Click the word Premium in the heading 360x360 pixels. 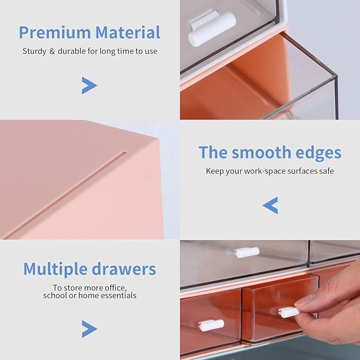pos(55,33)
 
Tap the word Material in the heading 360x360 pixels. pos(128,33)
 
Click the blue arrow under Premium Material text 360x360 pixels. pos(89,85)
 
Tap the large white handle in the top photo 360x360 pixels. pos(212,29)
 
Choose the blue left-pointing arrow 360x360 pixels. pos(270,205)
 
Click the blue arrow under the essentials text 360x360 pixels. pos(89,329)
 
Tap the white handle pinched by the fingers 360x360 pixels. pos(289,312)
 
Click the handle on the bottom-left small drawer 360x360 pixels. pos(211,325)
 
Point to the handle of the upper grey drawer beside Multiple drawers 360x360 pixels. pos(247,252)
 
